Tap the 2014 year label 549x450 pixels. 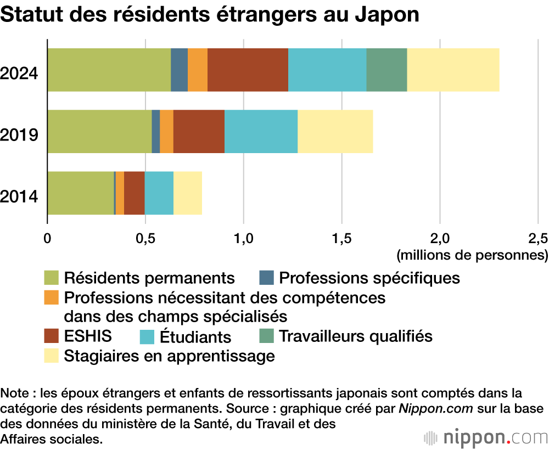19,195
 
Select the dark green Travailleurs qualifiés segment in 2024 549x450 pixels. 386,70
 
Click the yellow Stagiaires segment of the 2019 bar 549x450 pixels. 335,131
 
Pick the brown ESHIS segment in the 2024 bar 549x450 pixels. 248,70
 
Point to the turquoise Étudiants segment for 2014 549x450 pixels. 159,193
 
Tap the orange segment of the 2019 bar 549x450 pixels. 166,131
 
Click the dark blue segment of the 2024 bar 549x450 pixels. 179,70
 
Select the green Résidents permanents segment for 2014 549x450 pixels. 80,193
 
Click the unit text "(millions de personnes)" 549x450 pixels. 472,255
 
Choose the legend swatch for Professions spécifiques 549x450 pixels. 266,278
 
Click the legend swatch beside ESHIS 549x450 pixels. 51,335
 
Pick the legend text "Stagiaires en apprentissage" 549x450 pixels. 169,356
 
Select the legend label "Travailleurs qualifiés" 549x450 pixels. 356,335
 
